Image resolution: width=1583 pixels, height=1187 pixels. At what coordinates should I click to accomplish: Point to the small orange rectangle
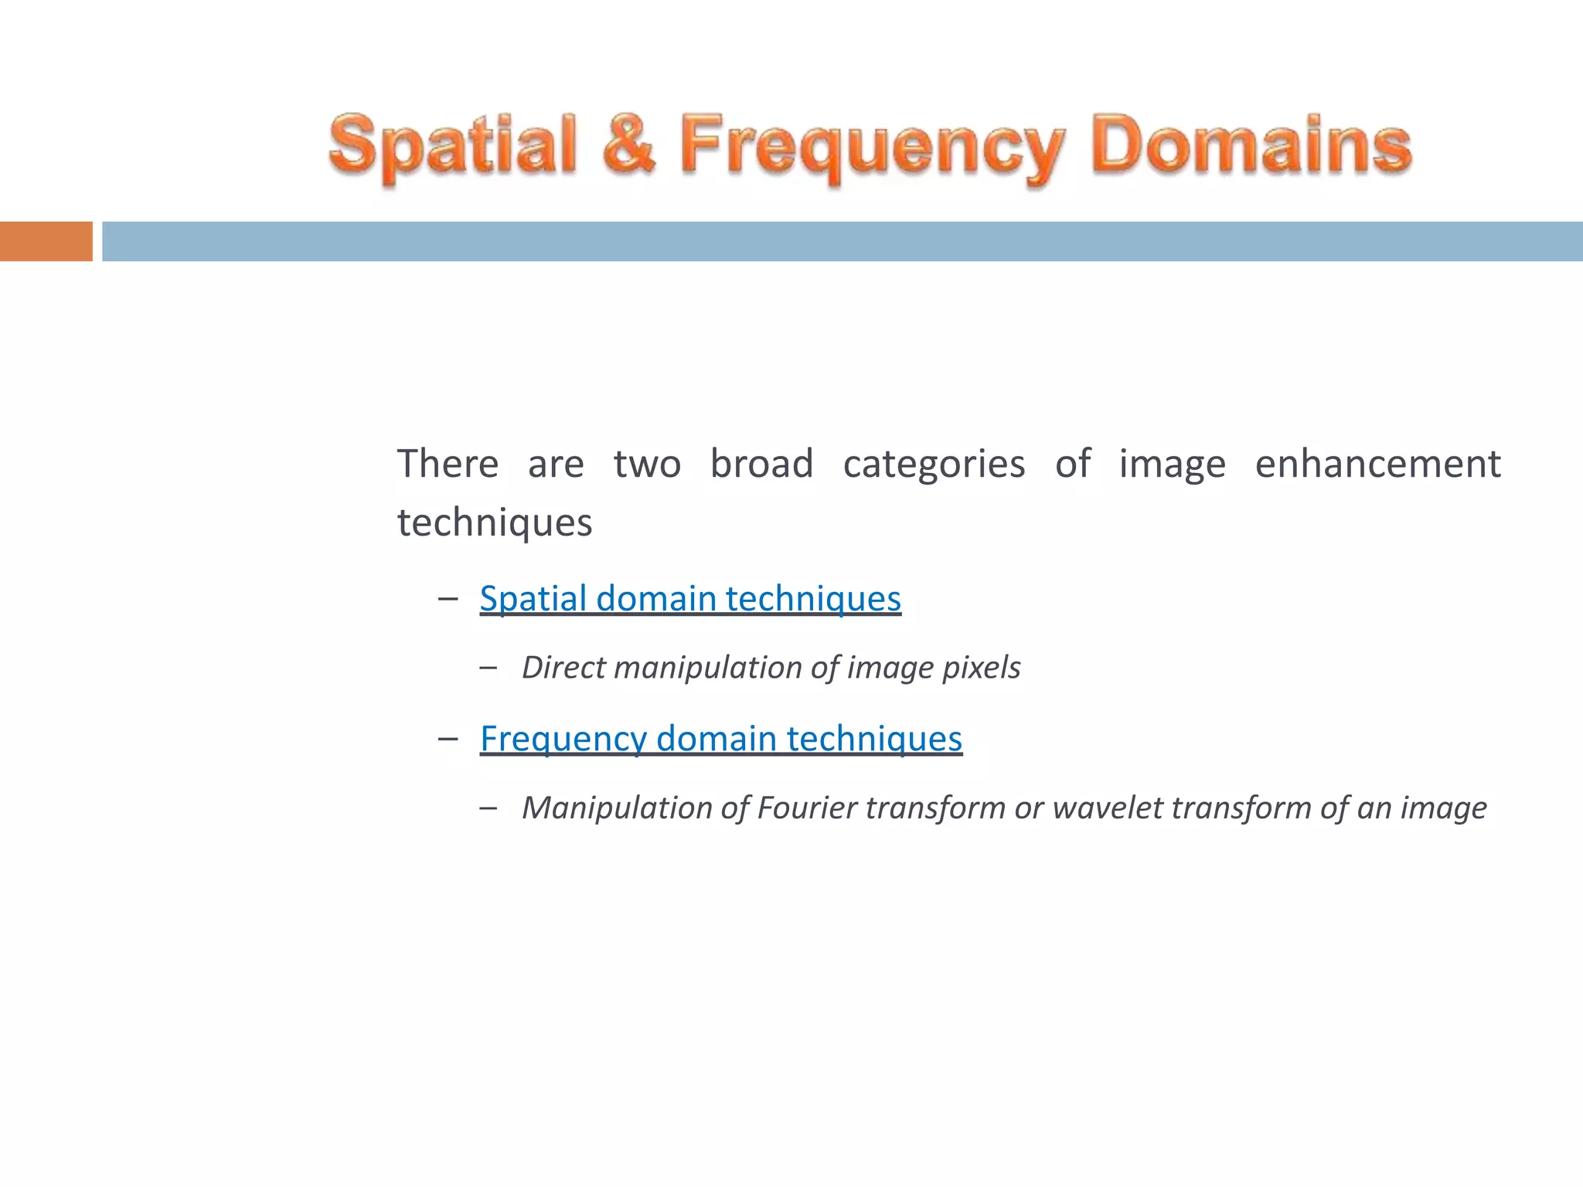point(46,241)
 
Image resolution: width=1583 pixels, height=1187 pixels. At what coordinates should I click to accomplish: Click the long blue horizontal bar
point(842,241)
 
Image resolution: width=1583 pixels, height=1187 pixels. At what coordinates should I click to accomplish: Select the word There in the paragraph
point(448,464)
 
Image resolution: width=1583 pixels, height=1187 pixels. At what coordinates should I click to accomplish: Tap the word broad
point(761,464)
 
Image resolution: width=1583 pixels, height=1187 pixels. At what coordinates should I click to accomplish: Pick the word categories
point(934,465)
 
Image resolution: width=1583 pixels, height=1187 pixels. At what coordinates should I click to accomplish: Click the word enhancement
point(1377,464)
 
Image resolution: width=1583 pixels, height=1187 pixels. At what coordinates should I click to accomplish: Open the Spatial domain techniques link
point(690,598)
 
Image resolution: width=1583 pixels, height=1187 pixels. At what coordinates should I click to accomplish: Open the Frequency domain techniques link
point(721,738)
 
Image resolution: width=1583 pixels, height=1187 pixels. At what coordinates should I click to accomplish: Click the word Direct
point(563,667)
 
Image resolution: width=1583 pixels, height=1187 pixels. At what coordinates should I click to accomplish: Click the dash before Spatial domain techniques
point(448,598)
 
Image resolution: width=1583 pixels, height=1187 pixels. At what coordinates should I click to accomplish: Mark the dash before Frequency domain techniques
point(448,738)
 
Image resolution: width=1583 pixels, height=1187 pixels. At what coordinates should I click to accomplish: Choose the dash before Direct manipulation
point(488,667)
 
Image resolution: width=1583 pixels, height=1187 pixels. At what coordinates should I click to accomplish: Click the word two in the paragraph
point(647,464)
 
